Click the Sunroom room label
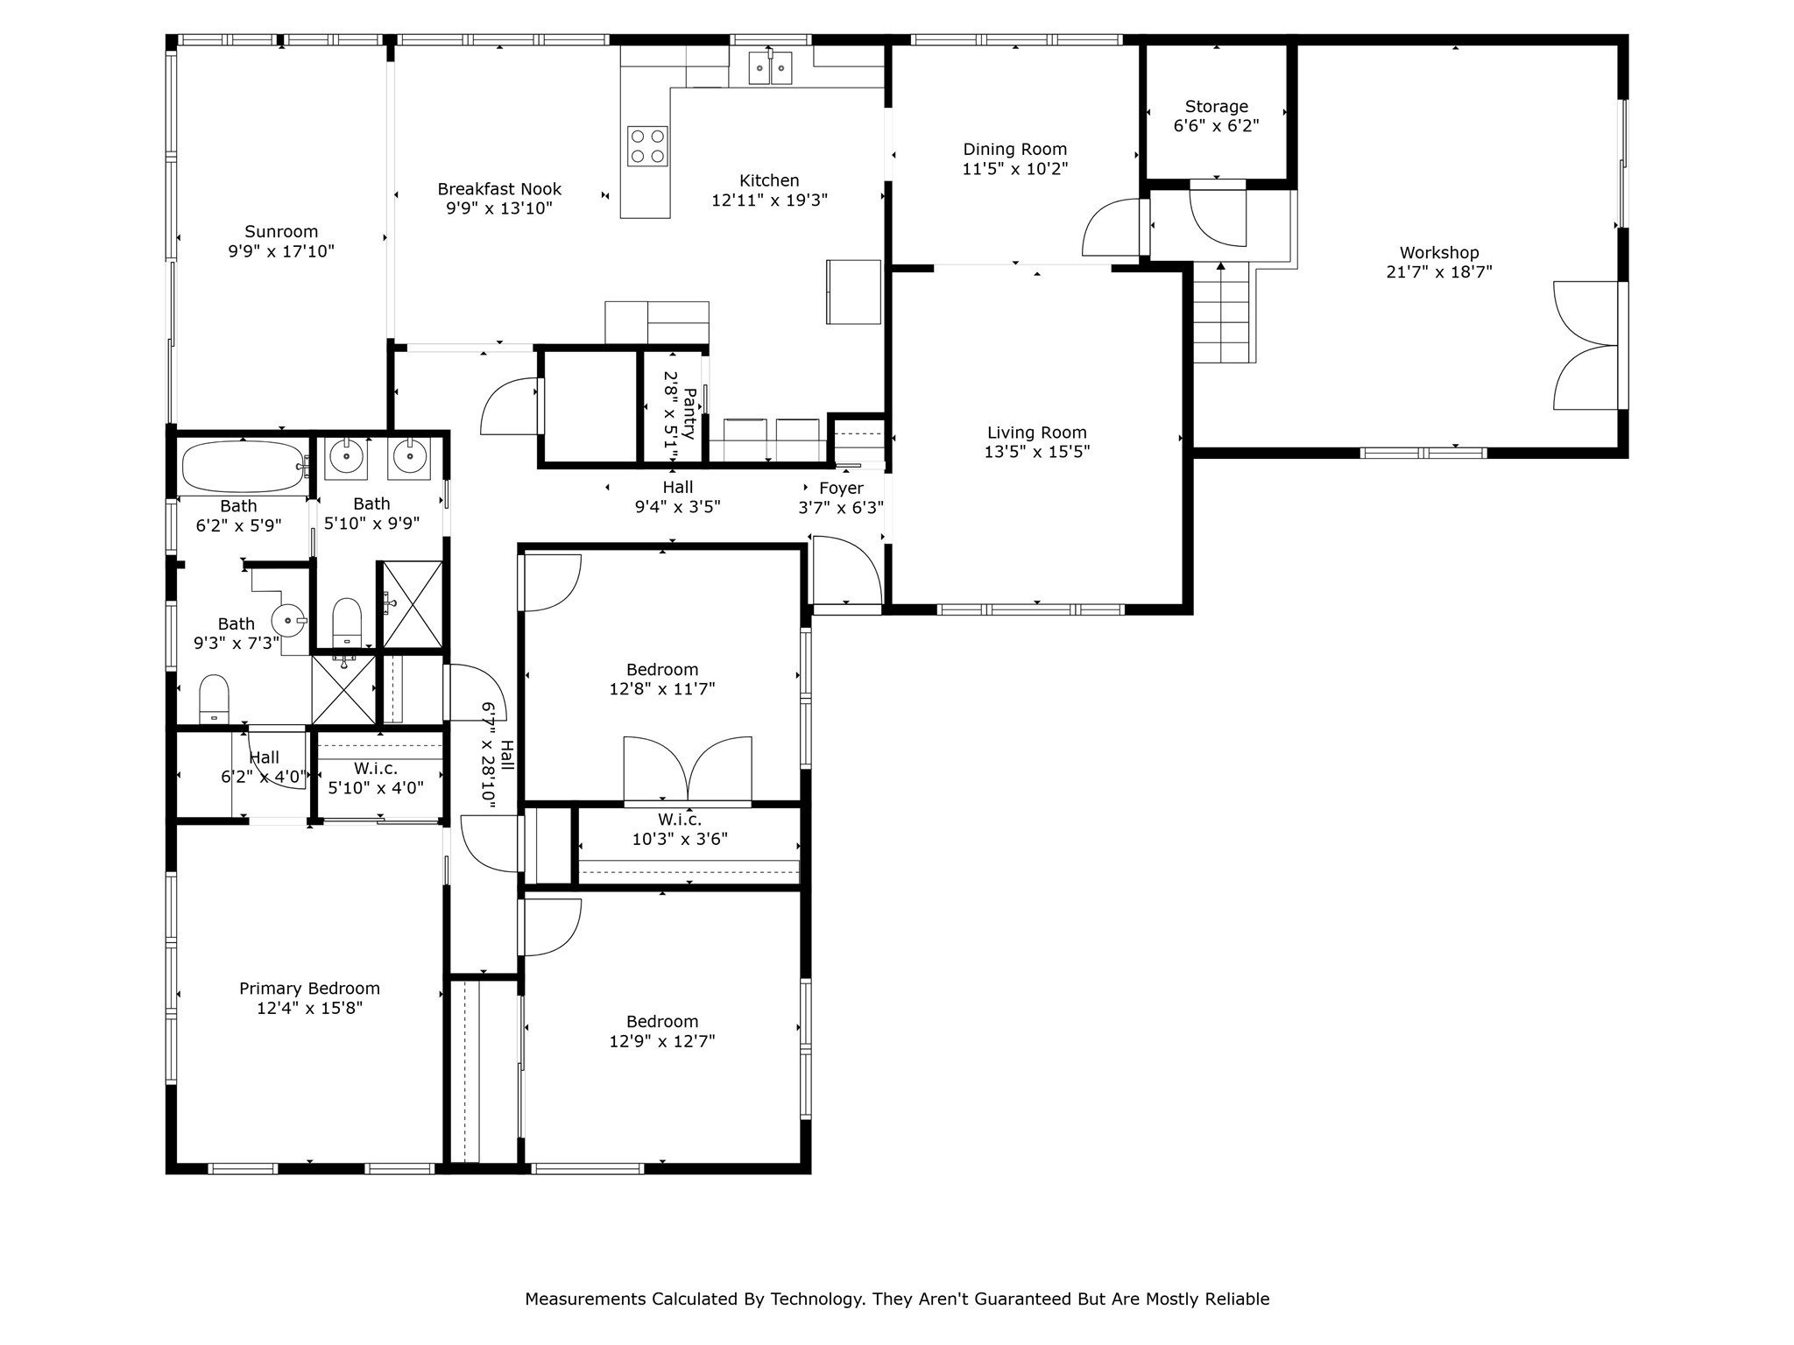(x=280, y=232)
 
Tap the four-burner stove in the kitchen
(x=647, y=146)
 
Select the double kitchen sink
(x=770, y=68)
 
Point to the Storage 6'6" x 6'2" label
(x=1216, y=116)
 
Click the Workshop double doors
(x=1586, y=345)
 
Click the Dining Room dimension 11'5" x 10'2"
(x=1014, y=169)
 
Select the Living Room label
(x=1036, y=433)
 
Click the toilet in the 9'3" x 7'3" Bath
(x=214, y=699)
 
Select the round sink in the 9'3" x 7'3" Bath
(x=287, y=620)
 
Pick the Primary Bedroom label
(x=309, y=989)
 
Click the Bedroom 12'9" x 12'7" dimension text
(x=661, y=1041)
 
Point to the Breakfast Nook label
(x=499, y=189)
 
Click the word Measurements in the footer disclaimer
(x=585, y=1299)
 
